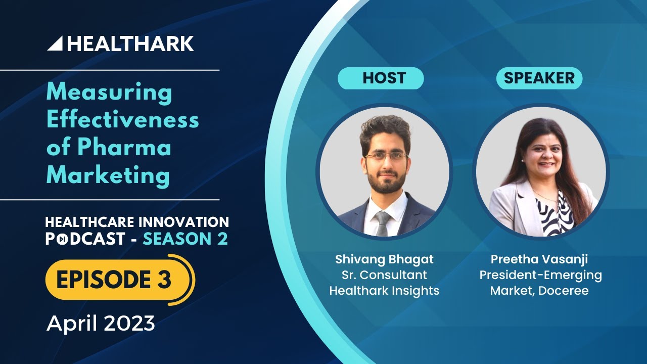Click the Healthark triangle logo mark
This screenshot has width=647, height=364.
click(56, 44)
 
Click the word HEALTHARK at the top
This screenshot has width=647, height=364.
click(130, 43)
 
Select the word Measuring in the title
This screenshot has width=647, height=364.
click(109, 93)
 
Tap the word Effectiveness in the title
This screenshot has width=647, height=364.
click(123, 120)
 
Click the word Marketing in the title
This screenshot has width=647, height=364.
click(108, 175)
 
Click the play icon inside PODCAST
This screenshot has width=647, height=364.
click(61, 239)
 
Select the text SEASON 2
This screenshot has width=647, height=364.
click(185, 239)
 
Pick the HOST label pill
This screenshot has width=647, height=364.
click(381, 78)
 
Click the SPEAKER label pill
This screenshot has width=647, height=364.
click(539, 78)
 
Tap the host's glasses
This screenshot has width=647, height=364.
click(386, 157)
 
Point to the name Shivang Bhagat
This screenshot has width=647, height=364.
click(384, 259)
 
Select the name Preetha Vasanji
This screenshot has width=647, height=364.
click(539, 259)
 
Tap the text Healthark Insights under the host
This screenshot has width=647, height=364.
click(384, 291)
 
